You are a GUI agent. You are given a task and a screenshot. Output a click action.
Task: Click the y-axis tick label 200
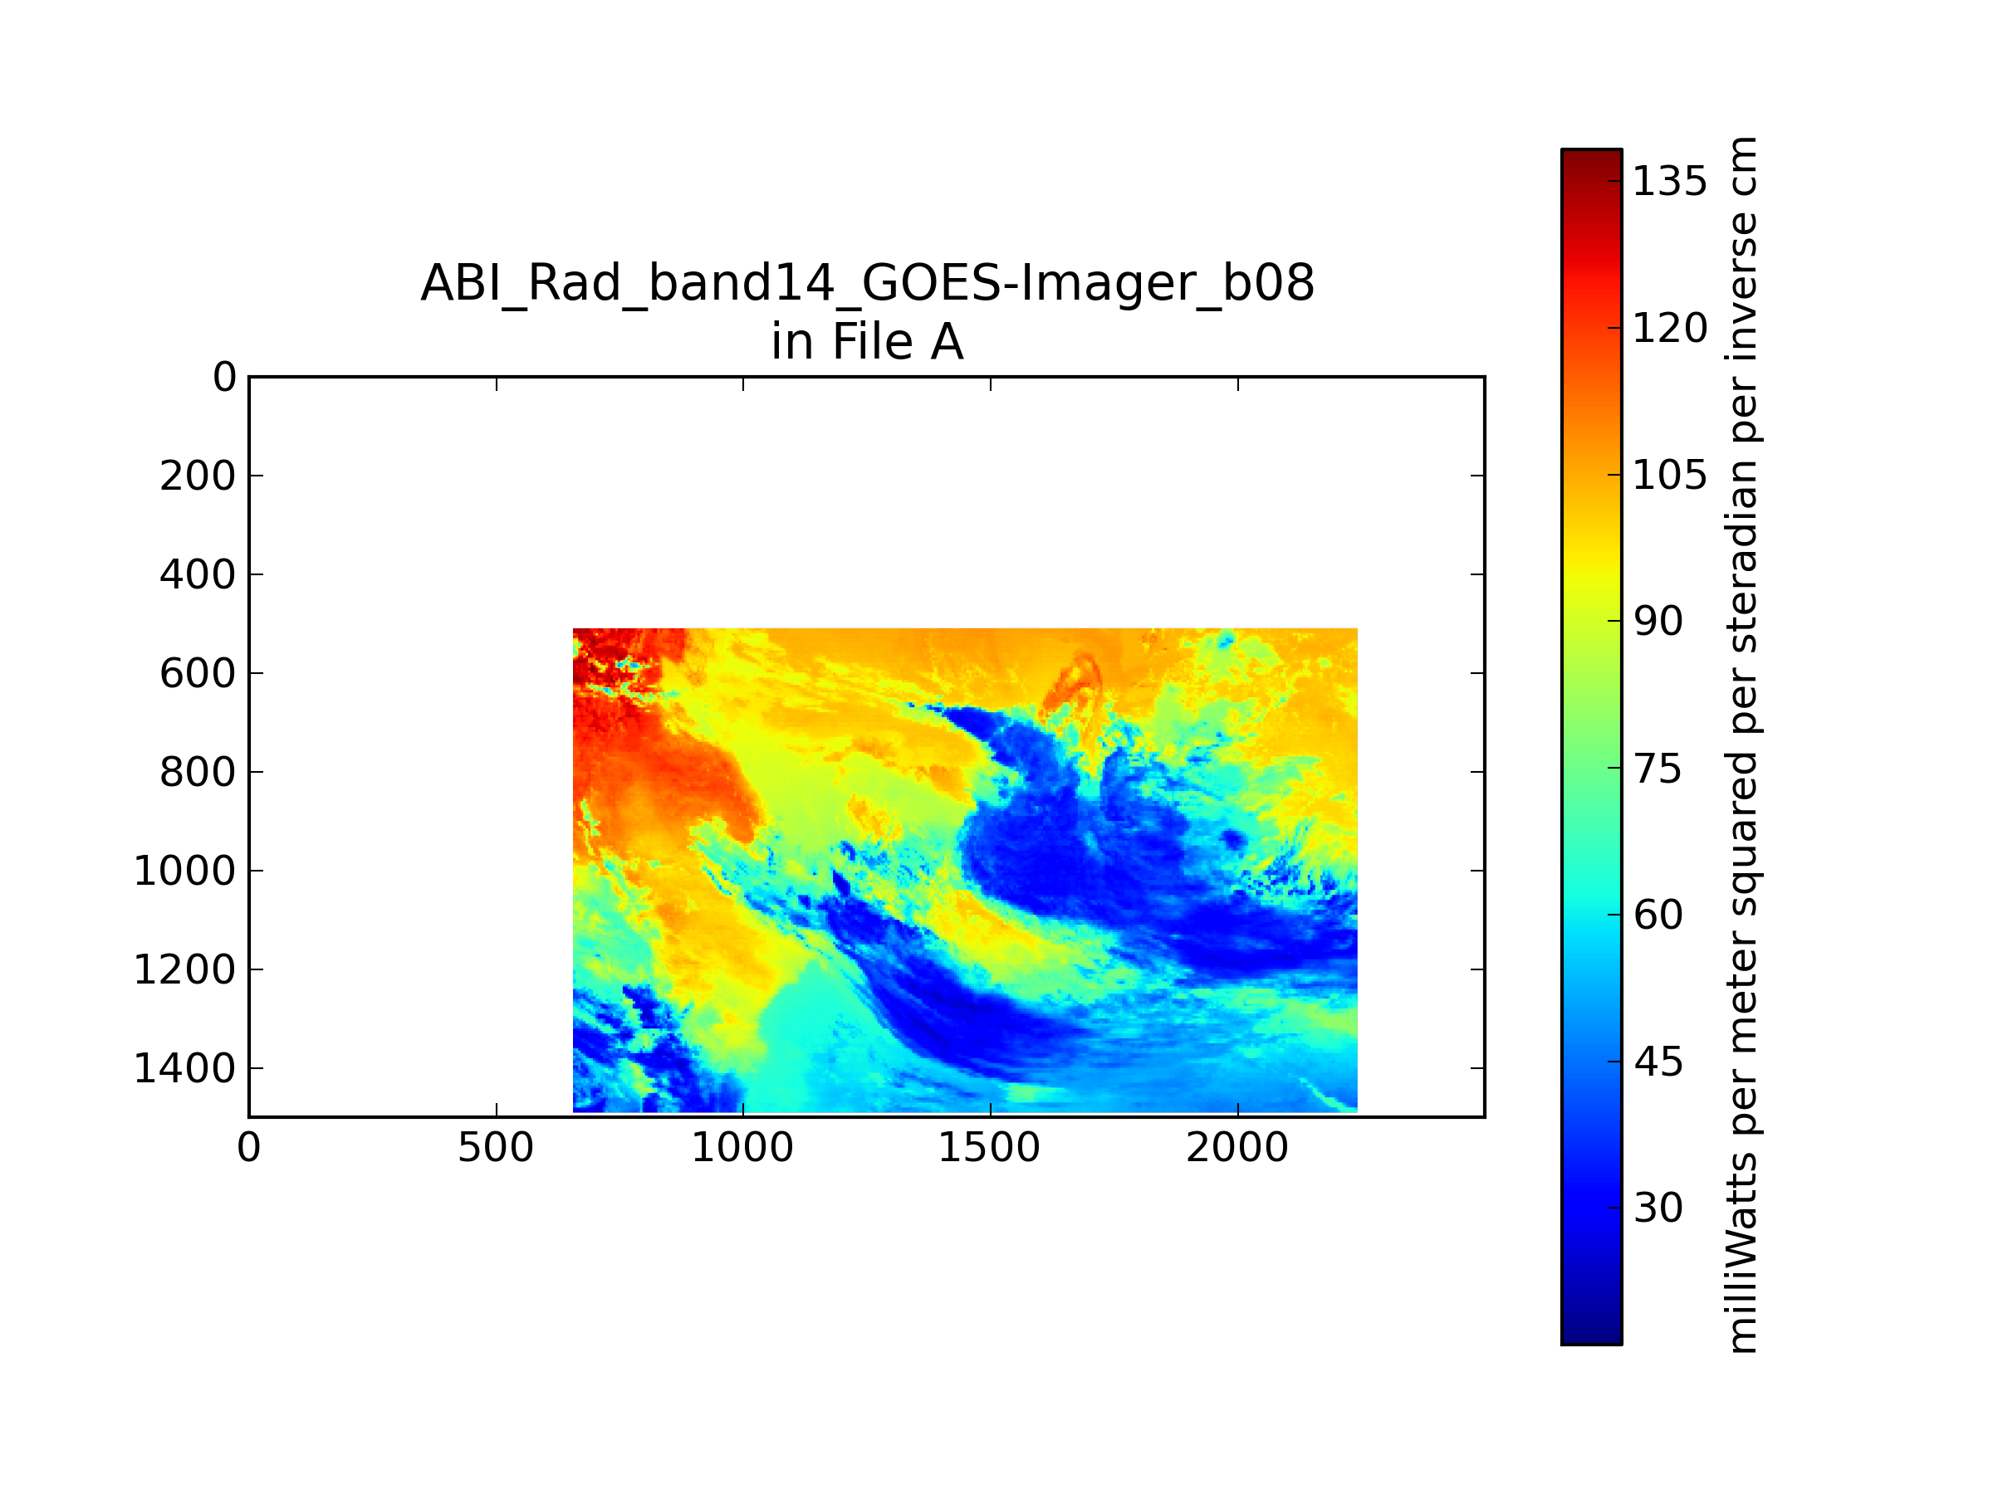[198, 476]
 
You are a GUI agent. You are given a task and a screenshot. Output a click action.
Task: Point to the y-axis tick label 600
[198, 672]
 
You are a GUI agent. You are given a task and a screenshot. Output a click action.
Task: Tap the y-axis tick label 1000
[184, 871]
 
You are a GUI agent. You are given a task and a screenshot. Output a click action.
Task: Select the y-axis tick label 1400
[184, 1068]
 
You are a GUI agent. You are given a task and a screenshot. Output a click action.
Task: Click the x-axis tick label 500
[496, 1148]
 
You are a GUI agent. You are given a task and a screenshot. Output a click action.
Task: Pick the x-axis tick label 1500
[989, 1148]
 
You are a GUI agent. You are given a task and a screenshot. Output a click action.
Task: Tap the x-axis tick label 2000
[1237, 1148]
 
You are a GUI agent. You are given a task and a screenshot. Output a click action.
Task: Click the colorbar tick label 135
[1669, 182]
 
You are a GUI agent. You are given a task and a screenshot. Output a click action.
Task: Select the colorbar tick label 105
[1669, 475]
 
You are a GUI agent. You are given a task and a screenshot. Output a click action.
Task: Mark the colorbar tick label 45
[1658, 1062]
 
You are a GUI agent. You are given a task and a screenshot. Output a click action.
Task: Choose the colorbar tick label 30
[1658, 1208]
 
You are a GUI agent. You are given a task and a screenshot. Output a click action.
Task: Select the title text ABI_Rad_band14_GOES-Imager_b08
[868, 283]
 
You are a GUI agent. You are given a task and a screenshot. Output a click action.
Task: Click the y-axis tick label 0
[224, 377]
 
